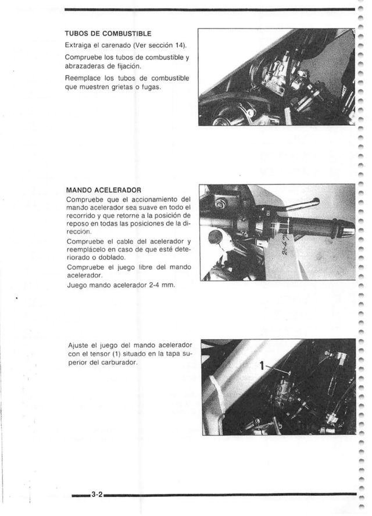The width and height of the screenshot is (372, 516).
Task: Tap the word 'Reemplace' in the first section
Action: (85, 77)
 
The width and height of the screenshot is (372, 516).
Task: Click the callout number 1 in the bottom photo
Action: (262, 366)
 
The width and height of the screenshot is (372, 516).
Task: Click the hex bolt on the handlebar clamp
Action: (220, 204)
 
